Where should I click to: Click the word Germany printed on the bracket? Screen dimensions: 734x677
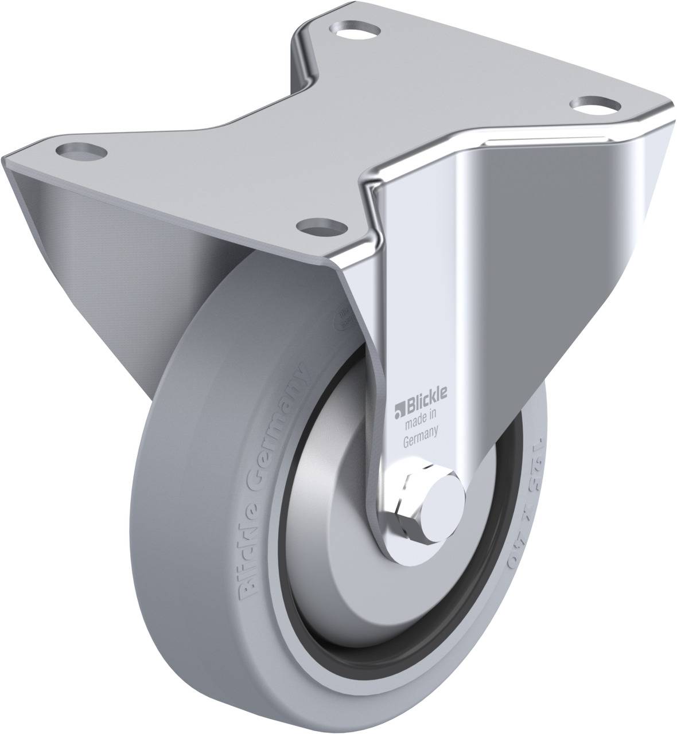[x=422, y=440]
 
